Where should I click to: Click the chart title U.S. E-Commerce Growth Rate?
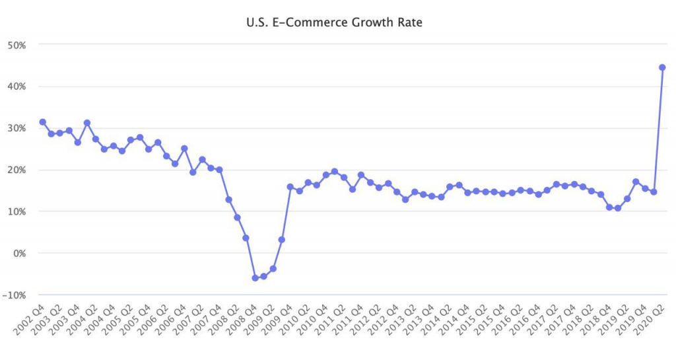333,22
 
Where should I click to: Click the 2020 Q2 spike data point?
662,67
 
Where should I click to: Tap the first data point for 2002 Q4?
43,122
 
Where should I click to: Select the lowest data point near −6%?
255,278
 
